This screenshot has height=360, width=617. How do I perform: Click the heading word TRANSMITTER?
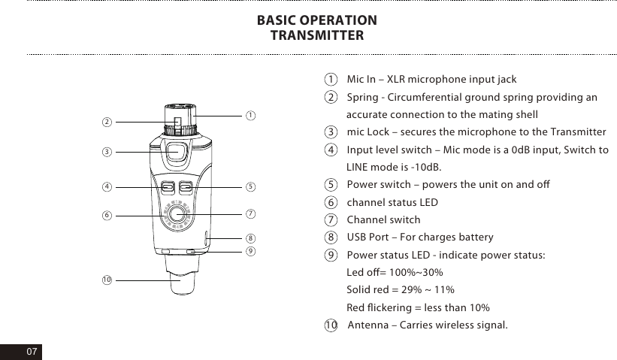point(316,35)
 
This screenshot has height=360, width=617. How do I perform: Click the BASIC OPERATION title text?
point(316,20)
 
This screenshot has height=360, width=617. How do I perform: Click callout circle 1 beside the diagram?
point(250,115)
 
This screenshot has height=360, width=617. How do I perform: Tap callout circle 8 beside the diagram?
point(250,237)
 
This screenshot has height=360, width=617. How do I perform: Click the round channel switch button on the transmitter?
point(178,214)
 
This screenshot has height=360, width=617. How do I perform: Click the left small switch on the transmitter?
point(168,186)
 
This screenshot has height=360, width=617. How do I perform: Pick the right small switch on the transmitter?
point(187,186)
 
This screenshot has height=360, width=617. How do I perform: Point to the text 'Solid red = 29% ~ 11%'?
point(399,290)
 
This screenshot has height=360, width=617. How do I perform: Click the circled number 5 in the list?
point(331,186)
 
